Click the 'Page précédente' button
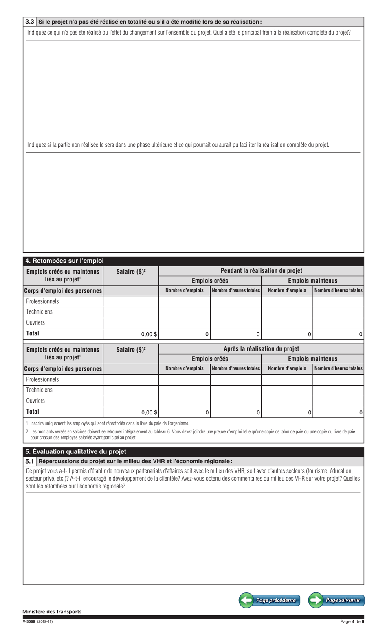pos(269,600)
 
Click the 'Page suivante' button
pos(336,600)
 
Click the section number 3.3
pos(30,22)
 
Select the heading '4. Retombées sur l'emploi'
pos(64,261)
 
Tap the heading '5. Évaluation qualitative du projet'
pos(76,451)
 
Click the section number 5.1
pos(30,461)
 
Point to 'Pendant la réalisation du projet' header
pos(261,271)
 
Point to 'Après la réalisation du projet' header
pos(261,349)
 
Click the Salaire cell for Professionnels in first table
pos(131,302)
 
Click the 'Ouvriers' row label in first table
pos(35,323)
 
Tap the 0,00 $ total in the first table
pos(149,334)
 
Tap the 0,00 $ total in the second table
pos(149,412)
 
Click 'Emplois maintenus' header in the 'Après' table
pos(312,359)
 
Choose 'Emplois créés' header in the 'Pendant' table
pos(210,281)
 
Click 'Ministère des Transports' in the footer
pos(52,612)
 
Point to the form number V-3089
pos(30,621)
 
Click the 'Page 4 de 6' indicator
pos(352,621)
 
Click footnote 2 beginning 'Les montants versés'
pos(191,434)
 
